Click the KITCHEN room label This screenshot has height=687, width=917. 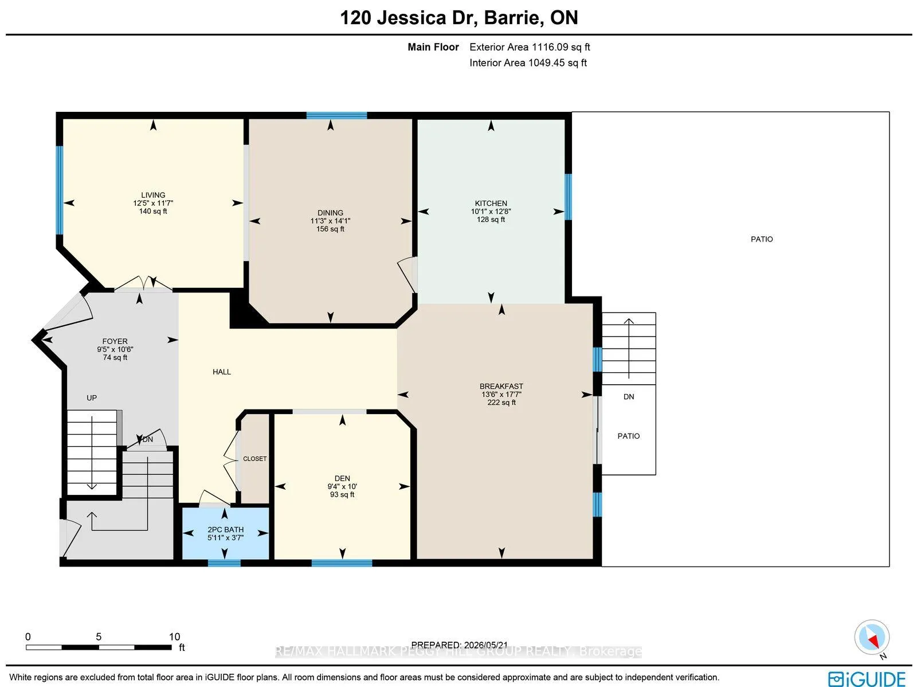491,204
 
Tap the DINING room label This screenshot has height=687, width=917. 330,213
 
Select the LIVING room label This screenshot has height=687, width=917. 153,195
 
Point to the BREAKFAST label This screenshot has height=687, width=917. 501,386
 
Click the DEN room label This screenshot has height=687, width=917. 342,478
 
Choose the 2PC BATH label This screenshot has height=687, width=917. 226,529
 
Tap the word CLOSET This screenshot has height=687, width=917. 255,459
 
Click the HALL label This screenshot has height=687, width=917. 222,372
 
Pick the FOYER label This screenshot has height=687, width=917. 115,341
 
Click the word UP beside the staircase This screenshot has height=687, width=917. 92,398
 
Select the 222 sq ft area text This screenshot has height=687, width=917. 501,403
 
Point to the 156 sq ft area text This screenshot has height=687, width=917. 330,229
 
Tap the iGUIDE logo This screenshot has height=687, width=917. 867,678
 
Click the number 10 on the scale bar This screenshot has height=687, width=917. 174,637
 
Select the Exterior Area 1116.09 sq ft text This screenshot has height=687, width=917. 530,47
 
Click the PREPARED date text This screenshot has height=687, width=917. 460,645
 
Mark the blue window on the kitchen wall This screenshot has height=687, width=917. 568,197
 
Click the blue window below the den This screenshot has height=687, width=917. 342,563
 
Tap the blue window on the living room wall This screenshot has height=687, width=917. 60,190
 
